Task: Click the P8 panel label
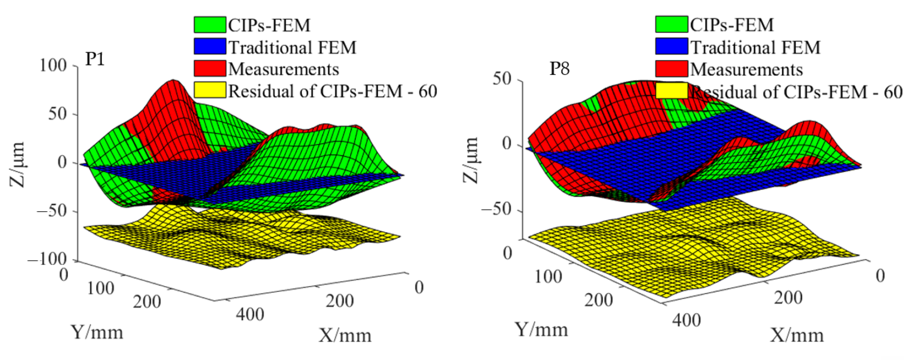click(559, 68)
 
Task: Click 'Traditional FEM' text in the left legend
click(292, 47)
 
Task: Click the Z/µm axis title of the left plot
click(17, 164)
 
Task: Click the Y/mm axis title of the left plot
click(97, 332)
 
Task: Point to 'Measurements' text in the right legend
click(747, 70)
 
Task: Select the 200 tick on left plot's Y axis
click(147, 302)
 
